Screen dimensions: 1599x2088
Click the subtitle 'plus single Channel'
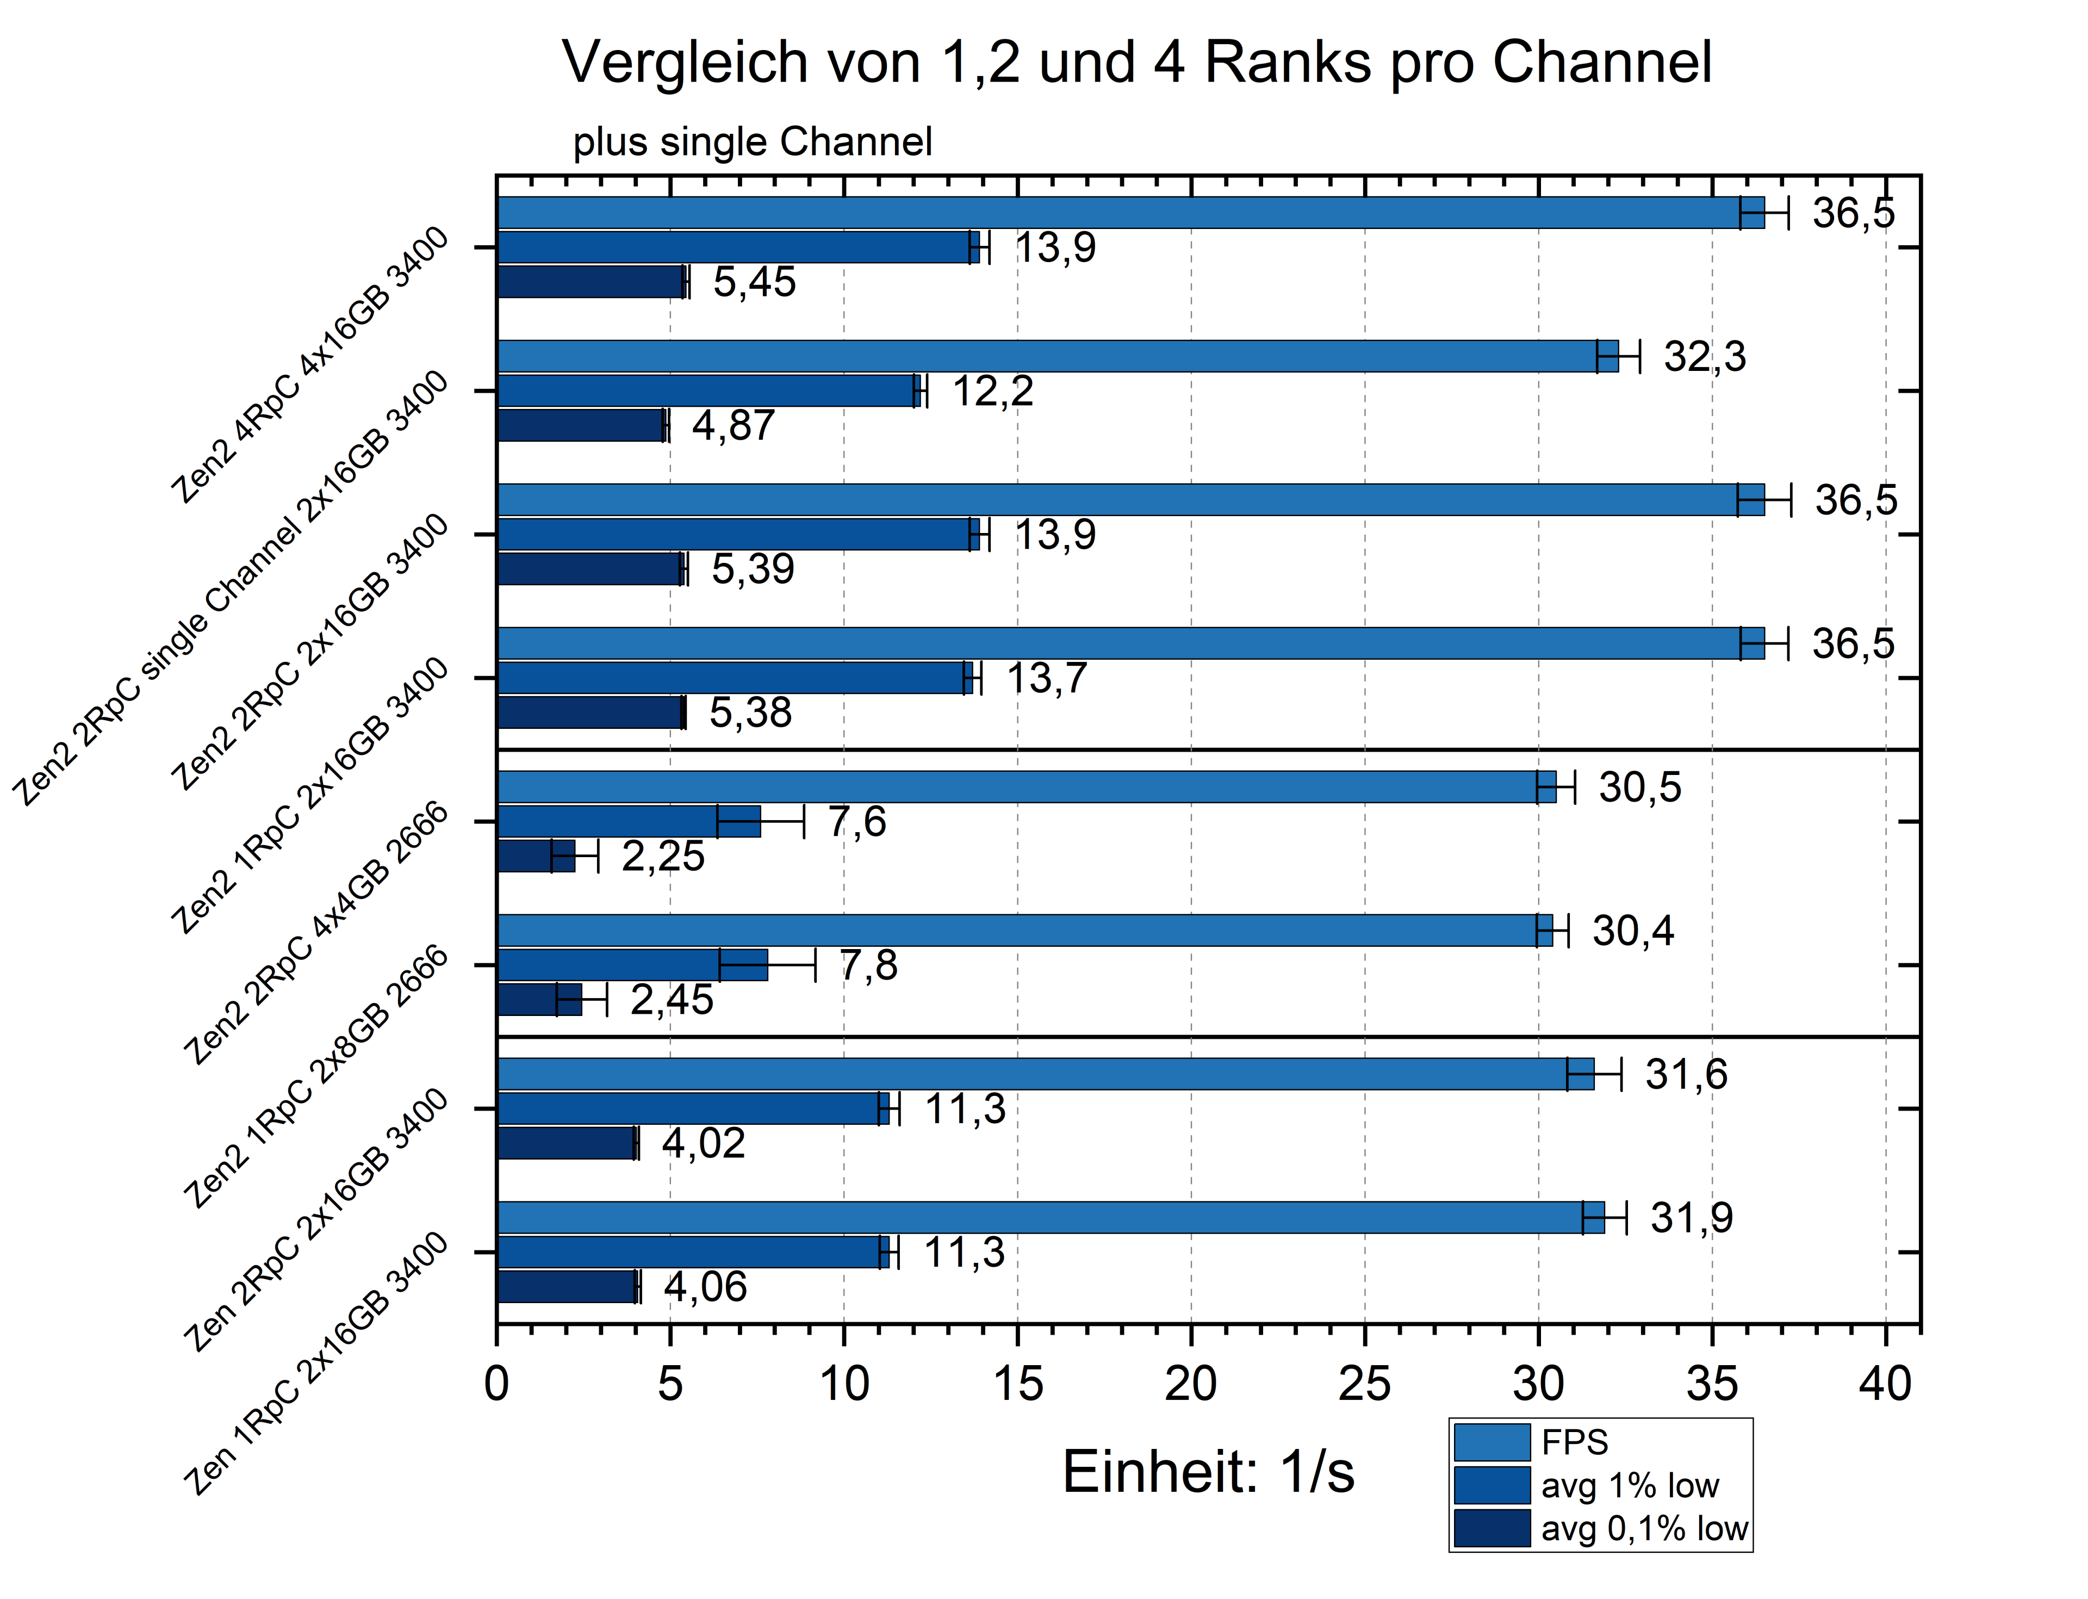pyautogui.click(x=752, y=142)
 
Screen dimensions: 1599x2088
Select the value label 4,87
pyautogui.click(x=733, y=425)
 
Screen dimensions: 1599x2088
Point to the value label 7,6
pyautogui.click(x=856, y=821)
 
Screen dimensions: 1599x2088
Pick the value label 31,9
pyautogui.click(x=1691, y=1218)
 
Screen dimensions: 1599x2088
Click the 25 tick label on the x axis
pyautogui.click(x=1364, y=1384)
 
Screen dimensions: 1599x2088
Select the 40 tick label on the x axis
pyautogui.click(x=1884, y=1384)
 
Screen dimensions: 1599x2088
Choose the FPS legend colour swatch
pyautogui.click(x=1492, y=1443)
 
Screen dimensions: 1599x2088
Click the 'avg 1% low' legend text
pyautogui.click(x=1629, y=1486)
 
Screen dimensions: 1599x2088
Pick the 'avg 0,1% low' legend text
pyautogui.click(x=1644, y=1528)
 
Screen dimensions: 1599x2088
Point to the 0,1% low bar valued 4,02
pyautogui.click(x=566, y=1143)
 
